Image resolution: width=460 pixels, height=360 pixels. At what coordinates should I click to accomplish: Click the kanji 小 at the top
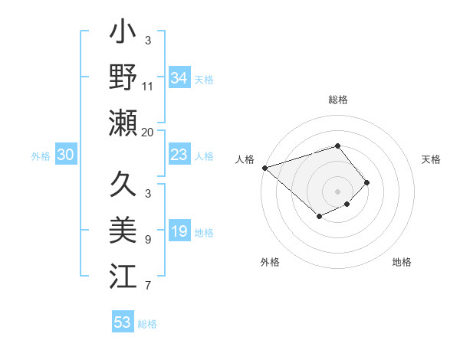click(123, 35)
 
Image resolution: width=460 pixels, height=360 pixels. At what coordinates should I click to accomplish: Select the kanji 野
click(123, 77)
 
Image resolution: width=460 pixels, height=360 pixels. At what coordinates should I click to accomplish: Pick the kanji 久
click(123, 185)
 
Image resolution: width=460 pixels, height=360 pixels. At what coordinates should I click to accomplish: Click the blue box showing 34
click(179, 78)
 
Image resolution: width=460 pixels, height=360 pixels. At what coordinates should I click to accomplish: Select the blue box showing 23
click(179, 155)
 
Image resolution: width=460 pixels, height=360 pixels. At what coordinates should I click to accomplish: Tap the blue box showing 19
click(179, 231)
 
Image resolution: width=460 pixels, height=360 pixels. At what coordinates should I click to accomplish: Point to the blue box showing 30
click(65, 155)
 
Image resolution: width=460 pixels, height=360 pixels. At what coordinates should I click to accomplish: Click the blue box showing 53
click(123, 322)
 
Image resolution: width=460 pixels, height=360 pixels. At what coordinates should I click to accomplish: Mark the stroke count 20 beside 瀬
click(147, 133)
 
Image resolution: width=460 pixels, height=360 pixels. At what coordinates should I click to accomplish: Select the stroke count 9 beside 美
click(147, 240)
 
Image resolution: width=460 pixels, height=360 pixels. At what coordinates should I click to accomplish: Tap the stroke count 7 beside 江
click(147, 286)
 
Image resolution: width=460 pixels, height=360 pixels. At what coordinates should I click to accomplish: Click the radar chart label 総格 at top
click(337, 100)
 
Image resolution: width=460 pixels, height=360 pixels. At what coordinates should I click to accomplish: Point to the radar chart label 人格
click(245, 159)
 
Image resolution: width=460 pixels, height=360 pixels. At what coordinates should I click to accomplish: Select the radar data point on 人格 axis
click(264, 168)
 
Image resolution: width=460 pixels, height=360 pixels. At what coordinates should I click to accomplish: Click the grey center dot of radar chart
click(337, 191)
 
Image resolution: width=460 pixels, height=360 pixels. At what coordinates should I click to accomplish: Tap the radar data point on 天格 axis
click(367, 182)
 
